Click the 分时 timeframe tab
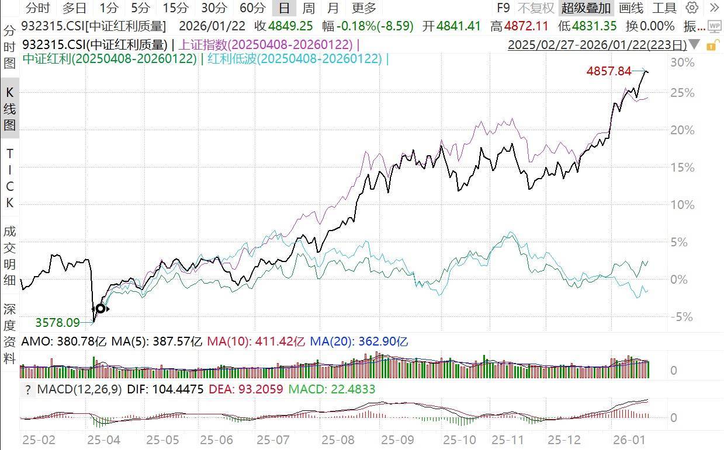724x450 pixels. click(38, 8)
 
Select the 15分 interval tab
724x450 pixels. click(175, 8)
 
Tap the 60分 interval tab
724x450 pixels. click(252, 8)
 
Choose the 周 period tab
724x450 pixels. click(308, 8)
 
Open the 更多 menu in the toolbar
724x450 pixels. click(364, 8)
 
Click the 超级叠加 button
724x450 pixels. click(586, 8)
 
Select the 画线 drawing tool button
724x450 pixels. click(631, 8)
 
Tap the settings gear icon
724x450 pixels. click(692, 8)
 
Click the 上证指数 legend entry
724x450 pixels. click(266, 45)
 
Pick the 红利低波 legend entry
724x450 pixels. click(295, 58)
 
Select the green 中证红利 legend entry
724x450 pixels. click(109, 58)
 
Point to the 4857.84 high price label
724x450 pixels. click(608, 71)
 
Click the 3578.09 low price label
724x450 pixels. click(57, 322)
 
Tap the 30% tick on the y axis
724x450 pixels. click(682, 62)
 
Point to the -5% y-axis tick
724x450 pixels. click(681, 317)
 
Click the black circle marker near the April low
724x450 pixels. click(101, 308)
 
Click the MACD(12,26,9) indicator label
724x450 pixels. click(79, 389)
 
